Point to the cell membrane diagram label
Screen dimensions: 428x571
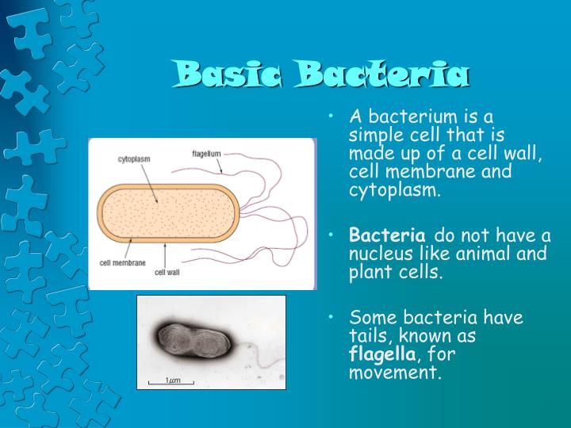[122, 262]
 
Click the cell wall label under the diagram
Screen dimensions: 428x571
[169, 272]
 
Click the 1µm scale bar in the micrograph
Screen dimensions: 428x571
[171, 380]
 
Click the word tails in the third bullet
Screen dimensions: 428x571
[367, 336]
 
